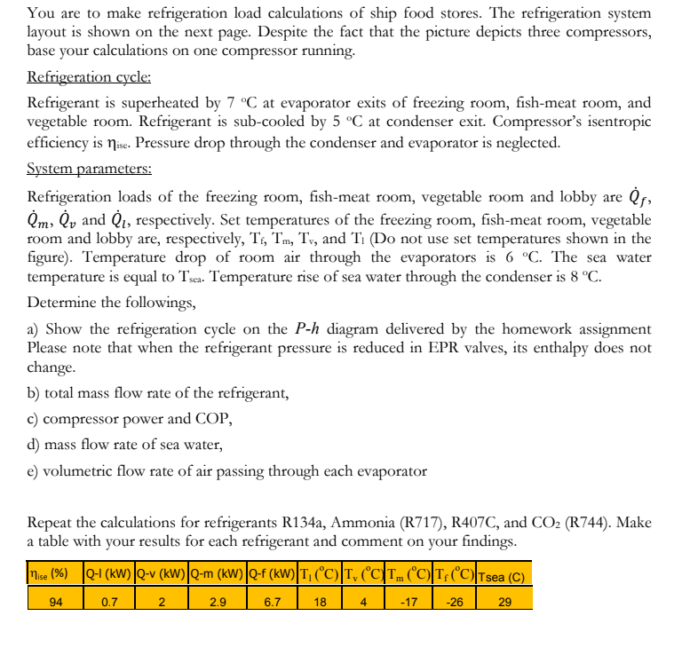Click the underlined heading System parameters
pos(89,169)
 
